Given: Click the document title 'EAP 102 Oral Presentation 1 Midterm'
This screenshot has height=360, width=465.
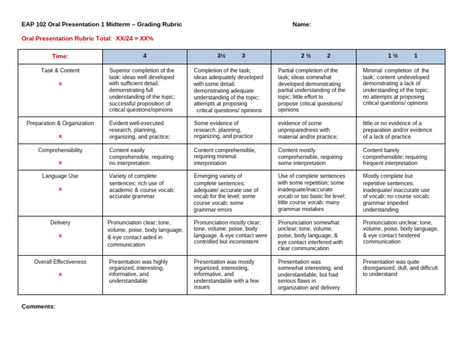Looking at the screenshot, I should click(101, 24).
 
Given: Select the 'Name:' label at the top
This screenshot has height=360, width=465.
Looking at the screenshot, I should click(302, 24).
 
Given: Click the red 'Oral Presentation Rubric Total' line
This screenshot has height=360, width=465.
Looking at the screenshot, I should click(87, 38).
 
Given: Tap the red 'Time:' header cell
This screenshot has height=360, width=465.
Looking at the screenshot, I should click(60, 56).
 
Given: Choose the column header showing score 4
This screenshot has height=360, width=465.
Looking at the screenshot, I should click(145, 56).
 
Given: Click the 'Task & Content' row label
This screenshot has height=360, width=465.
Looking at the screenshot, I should click(60, 70).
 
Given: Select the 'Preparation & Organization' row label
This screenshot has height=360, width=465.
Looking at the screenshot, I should click(60, 123).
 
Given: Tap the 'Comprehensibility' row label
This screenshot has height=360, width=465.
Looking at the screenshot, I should click(60, 150).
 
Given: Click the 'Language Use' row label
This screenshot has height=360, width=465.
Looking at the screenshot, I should click(60, 176).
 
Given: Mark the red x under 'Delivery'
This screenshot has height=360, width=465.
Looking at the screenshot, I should click(60, 235).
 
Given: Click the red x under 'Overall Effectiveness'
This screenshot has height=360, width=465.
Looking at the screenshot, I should click(60, 274).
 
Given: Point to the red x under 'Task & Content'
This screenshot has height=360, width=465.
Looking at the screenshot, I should click(60, 84).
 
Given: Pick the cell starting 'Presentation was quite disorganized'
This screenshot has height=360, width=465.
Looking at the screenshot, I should click(400, 268).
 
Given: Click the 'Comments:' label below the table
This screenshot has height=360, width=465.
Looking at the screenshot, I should click(38, 306).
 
